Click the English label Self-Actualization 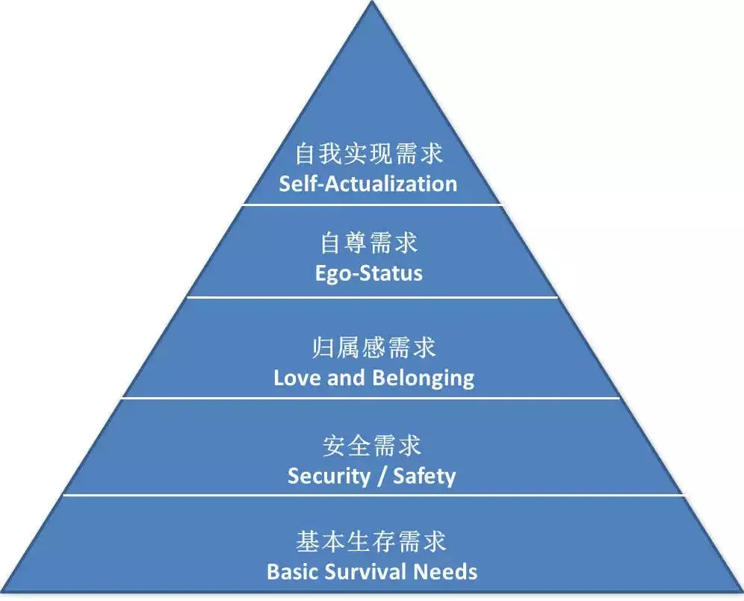368,184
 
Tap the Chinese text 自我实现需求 369,154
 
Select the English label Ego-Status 369,273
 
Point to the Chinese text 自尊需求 369,243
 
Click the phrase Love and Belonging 373,377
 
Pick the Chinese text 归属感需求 373,347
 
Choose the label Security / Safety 371,476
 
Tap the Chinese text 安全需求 372,446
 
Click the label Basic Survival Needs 372,572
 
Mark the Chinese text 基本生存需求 371,541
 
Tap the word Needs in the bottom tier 447,572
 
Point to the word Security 326,476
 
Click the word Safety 424,476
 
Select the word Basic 294,572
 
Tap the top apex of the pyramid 372,4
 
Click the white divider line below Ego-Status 372,297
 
